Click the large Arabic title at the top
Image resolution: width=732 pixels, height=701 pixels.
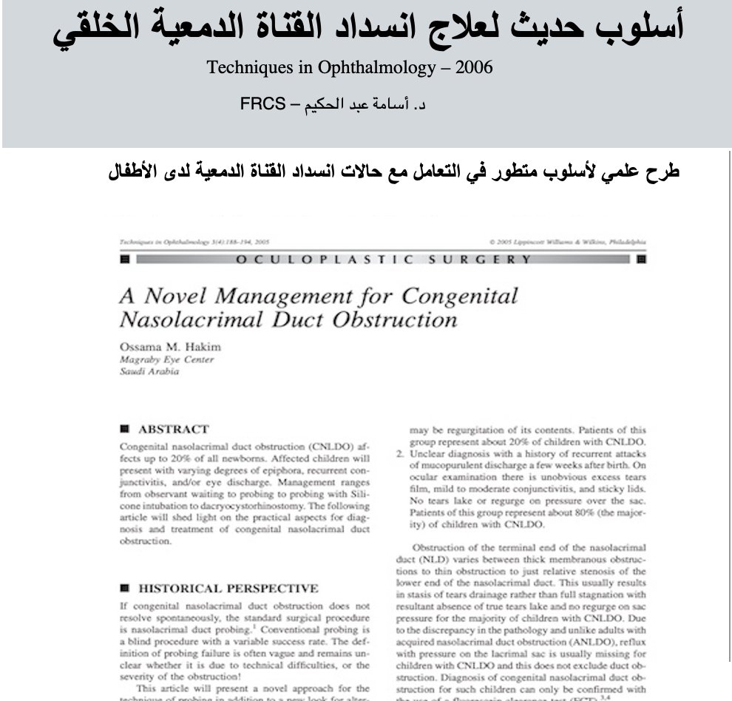[367, 28]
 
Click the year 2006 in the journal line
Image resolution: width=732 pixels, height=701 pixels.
[474, 68]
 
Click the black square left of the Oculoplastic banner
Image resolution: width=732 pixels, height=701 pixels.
[124, 259]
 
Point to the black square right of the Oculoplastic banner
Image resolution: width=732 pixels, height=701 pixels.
[640, 259]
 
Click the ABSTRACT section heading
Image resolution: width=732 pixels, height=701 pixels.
[173, 429]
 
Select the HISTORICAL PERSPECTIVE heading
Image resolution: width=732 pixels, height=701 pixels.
[228, 589]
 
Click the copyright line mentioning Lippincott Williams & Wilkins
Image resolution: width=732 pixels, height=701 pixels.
[567, 242]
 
